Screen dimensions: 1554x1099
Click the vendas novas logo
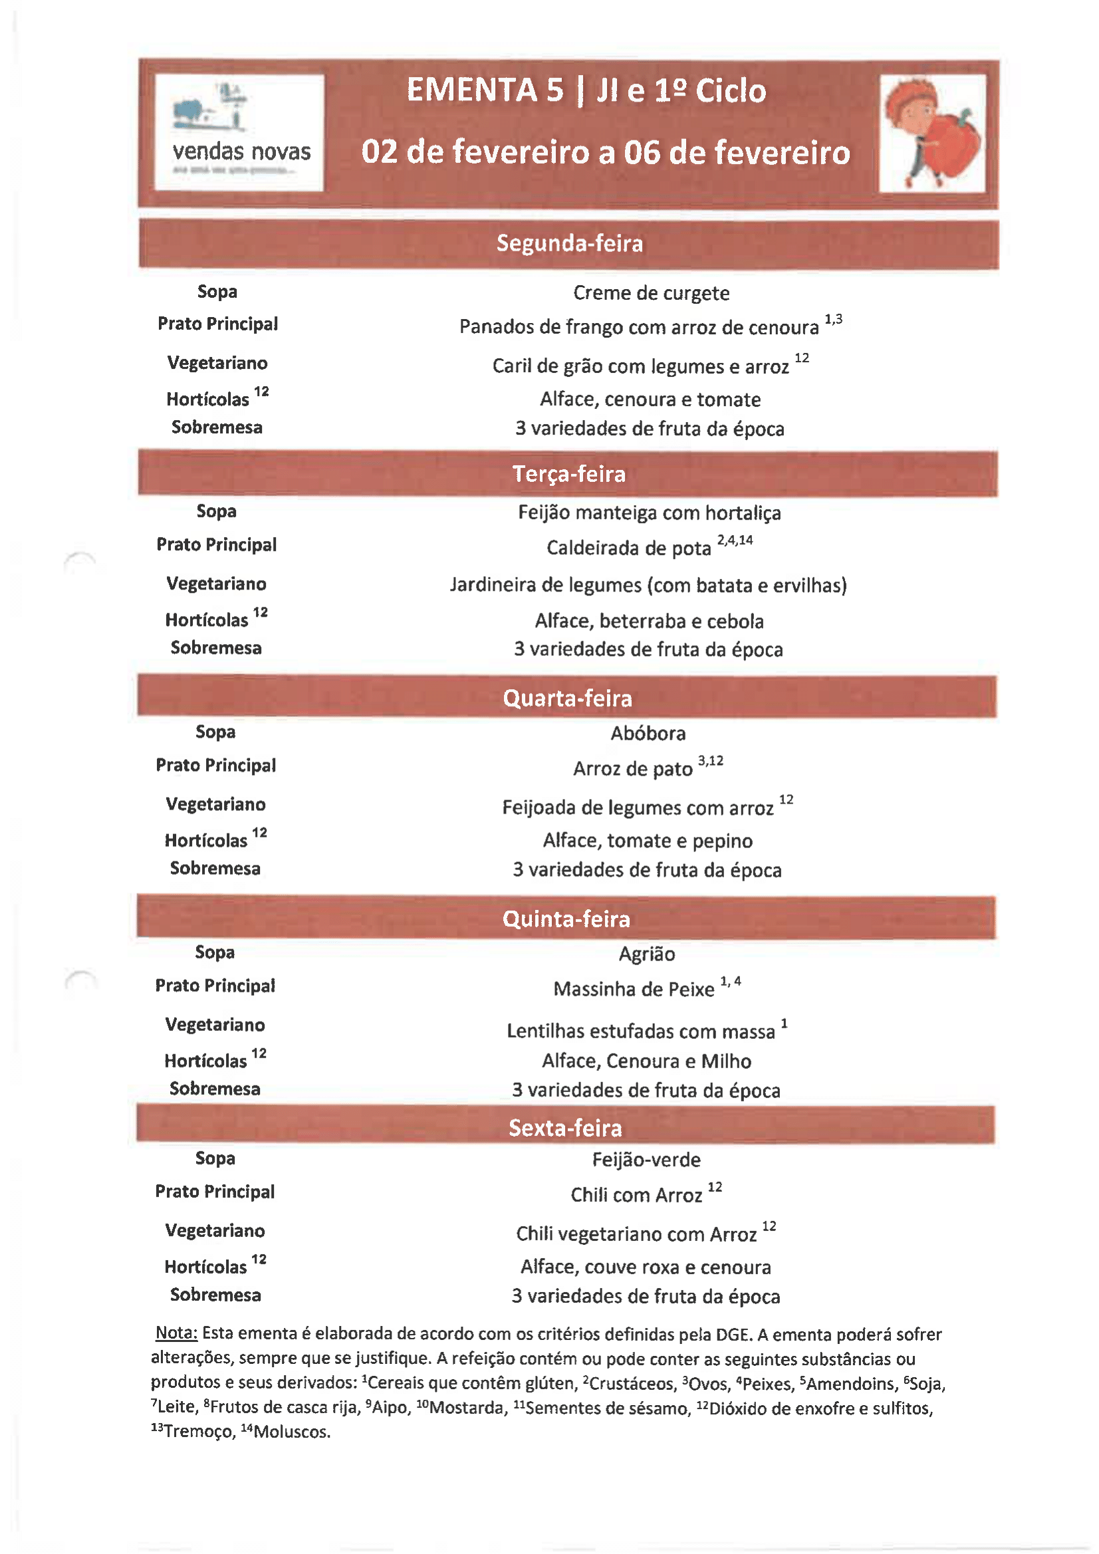pyautogui.click(x=239, y=133)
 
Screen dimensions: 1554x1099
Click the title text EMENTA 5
pyautogui.click(x=485, y=90)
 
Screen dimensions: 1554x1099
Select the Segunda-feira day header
pyautogui.click(x=569, y=244)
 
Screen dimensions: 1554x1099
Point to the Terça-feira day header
pyautogui.click(x=569, y=474)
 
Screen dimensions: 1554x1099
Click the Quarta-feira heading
pyautogui.click(x=567, y=698)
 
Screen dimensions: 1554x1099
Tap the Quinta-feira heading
pyautogui.click(x=566, y=919)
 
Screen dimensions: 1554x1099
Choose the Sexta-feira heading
pyautogui.click(x=565, y=1127)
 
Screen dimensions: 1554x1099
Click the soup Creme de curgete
pyautogui.click(x=651, y=293)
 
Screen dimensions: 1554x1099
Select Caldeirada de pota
pyautogui.click(x=628, y=548)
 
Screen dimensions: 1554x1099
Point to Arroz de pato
pyautogui.click(x=632, y=769)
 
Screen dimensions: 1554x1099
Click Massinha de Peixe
pyautogui.click(x=633, y=990)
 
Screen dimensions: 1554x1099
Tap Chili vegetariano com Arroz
pyautogui.click(x=636, y=1234)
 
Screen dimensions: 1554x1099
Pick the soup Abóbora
pyautogui.click(x=648, y=734)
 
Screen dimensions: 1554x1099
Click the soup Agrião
pyautogui.click(x=647, y=954)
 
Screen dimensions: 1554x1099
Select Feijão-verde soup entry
pyautogui.click(x=646, y=1160)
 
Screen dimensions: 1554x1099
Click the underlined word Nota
pyautogui.click(x=176, y=1333)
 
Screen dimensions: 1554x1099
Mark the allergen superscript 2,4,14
pyautogui.click(x=735, y=540)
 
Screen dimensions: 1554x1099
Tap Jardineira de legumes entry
pyautogui.click(x=648, y=585)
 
